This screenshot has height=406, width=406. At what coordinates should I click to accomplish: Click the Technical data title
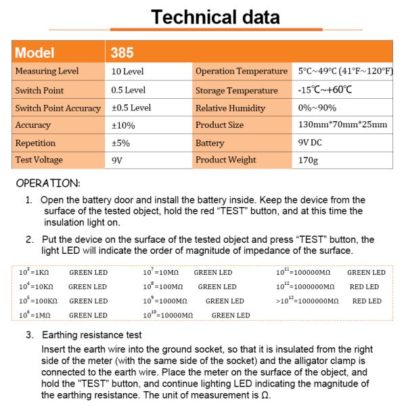(215, 17)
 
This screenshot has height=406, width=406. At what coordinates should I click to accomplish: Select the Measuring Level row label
(47, 71)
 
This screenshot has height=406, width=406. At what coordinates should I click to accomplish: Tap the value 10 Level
(127, 71)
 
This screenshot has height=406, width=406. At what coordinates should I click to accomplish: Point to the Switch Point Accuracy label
(58, 108)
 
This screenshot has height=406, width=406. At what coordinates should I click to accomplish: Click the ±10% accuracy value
(123, 125)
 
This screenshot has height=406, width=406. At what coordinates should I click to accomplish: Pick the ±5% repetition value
(121, 143)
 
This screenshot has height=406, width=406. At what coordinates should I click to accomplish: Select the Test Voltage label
(39, 160)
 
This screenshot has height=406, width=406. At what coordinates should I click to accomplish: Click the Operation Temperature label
(242, 71)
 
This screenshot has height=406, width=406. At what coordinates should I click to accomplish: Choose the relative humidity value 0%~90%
(317, 108)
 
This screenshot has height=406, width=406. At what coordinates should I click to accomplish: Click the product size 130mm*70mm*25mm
(342, 125)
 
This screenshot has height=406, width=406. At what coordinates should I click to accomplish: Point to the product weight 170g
(307, 160)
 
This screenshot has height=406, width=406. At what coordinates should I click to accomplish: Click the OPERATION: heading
(48, 183)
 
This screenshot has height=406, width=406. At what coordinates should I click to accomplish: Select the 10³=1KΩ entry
(38, 272)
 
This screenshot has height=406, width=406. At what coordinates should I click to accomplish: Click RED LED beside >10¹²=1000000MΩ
(367, 300)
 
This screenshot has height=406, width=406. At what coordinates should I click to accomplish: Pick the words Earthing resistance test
(92, 335)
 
